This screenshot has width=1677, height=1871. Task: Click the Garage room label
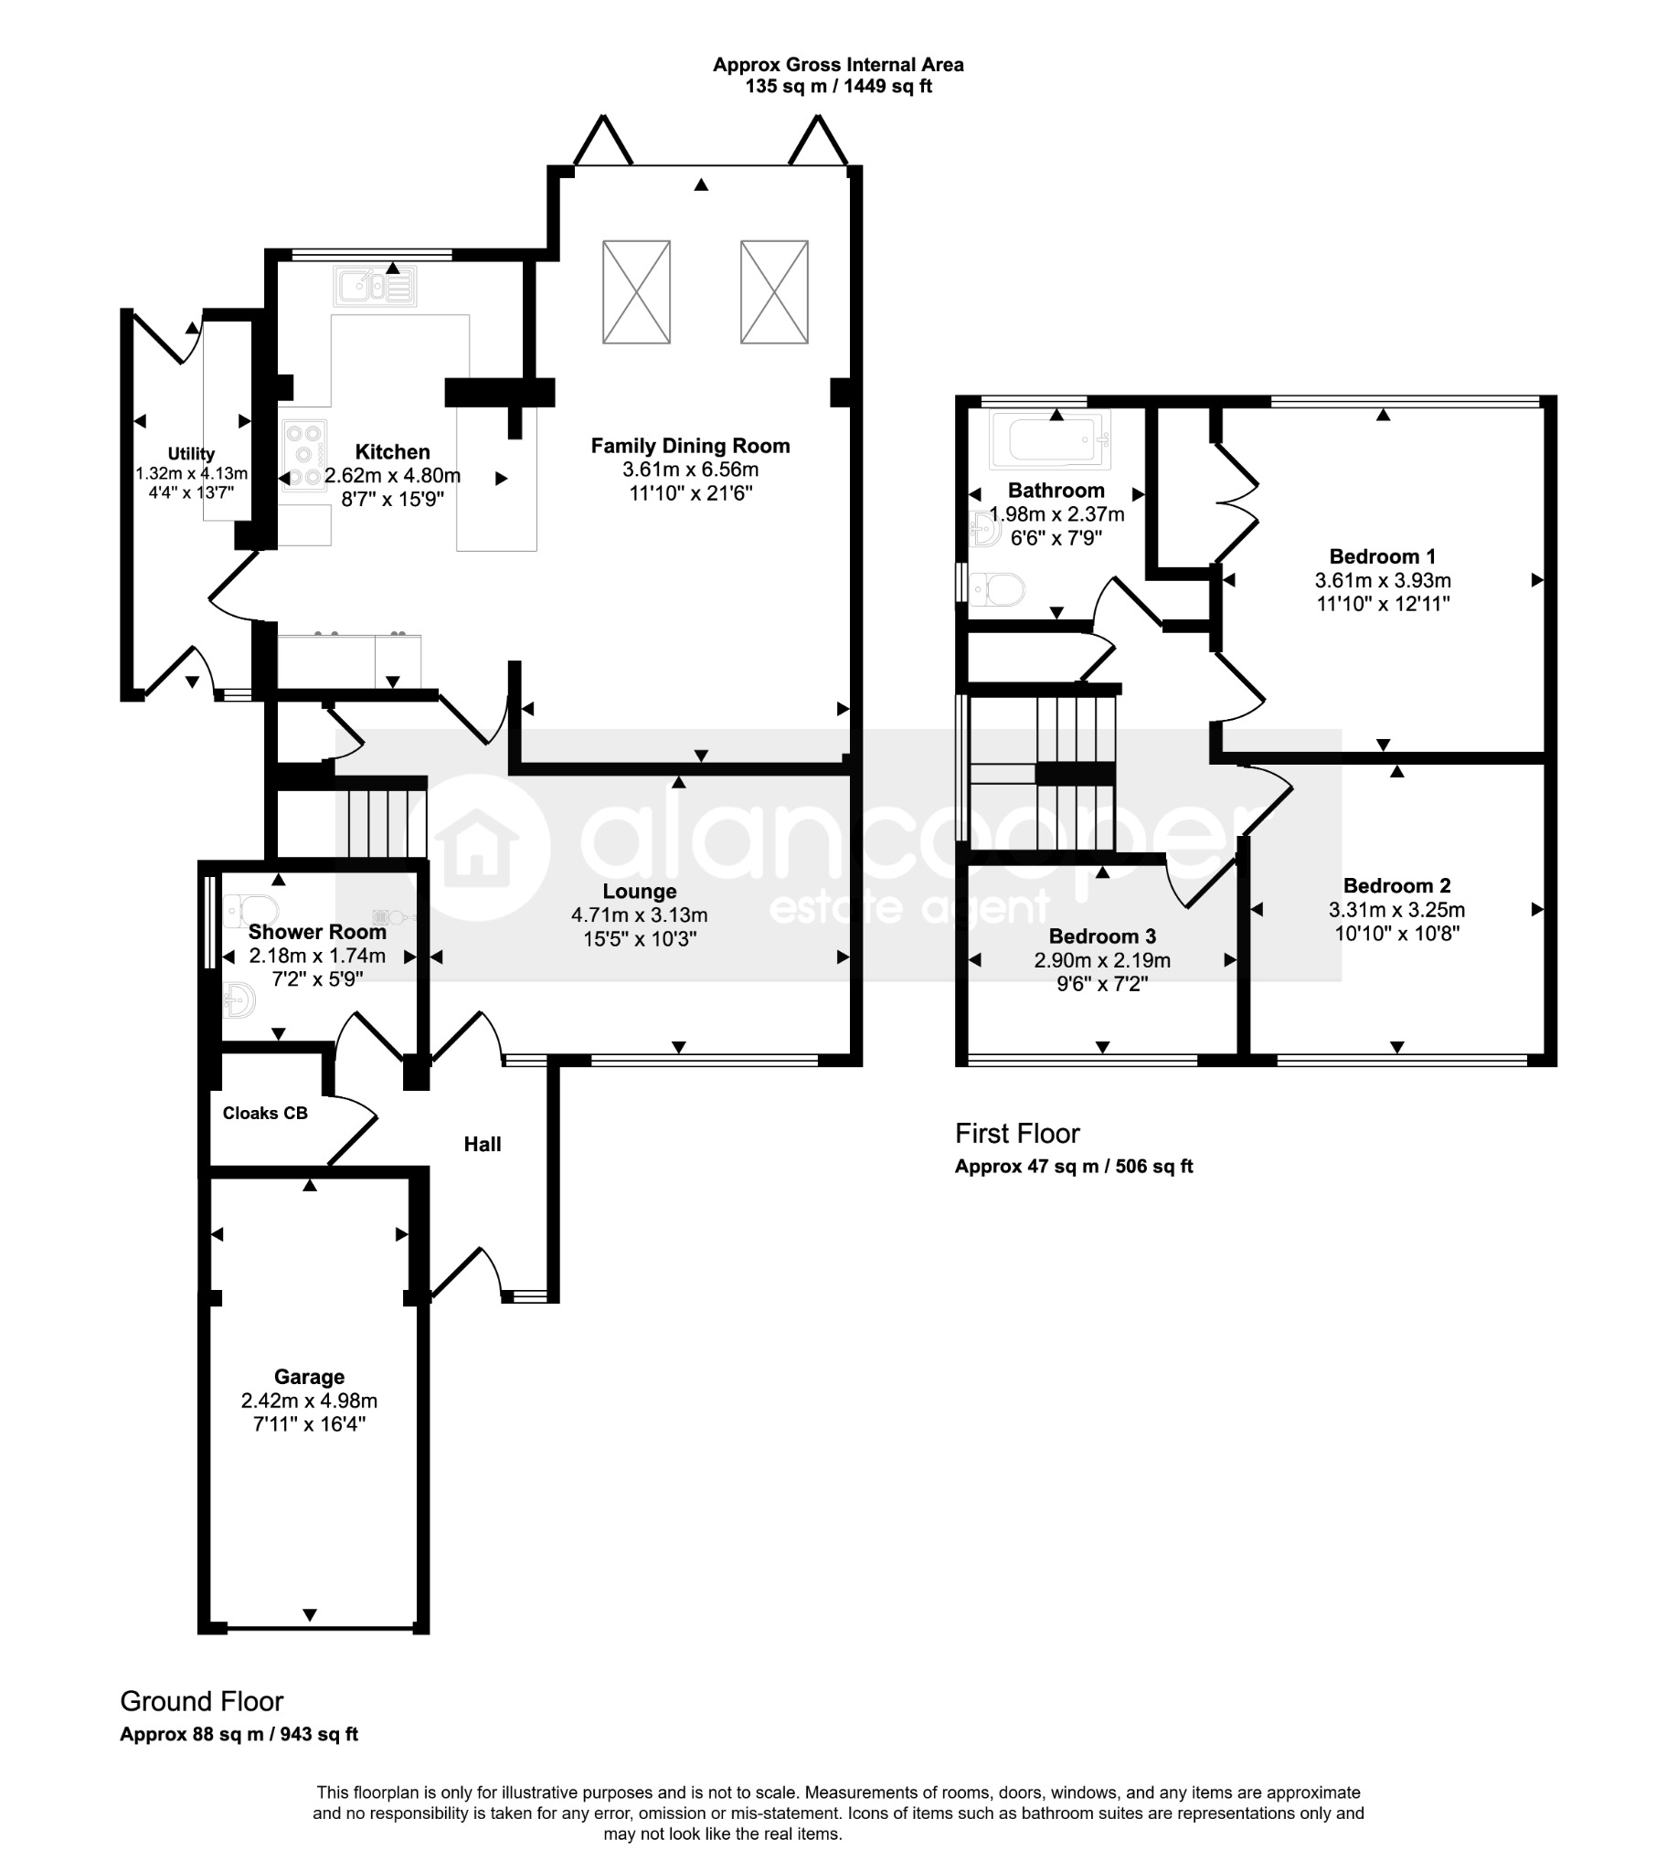[310, 1377]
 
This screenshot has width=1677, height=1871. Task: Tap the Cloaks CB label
[265, 1113]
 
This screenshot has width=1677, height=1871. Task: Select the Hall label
[483, 1144]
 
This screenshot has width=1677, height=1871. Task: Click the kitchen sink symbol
[375, 287]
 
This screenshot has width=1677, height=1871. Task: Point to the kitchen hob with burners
[305, 455]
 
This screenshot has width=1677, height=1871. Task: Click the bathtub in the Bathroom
[1049, 439]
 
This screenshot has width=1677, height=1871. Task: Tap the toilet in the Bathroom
[995, 588]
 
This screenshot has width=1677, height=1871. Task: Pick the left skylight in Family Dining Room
[637, 292]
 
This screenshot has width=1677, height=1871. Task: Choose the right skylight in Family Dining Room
[775, 292]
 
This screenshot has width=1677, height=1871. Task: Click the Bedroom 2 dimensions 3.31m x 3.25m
[1396, 909]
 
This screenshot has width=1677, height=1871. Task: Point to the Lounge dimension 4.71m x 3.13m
[640, 914]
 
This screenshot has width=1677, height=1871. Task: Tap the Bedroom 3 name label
[1102, 936]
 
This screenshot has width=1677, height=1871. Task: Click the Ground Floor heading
[202, 1700]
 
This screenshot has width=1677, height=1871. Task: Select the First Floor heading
[1017, 1133]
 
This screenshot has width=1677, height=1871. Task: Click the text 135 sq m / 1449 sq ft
[839, 87]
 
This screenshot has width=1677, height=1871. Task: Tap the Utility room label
[191, 453]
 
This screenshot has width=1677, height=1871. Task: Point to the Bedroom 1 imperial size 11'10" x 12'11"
[1383, 604]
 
